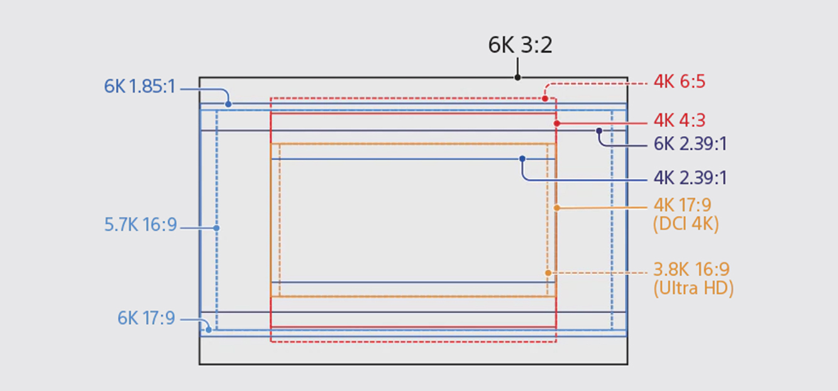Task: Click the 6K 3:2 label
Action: tap(520, 45)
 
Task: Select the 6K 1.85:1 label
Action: tap(140, 87)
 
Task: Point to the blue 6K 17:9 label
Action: tap(146, 318)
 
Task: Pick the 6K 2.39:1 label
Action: tap(690, 144)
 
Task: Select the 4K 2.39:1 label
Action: tap(690, 178)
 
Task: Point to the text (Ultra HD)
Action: tap(693, 288)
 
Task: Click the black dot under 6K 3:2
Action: tap(517, 77)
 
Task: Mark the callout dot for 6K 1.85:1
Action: tap(228, 104)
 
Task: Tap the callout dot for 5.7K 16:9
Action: tap(216, 228)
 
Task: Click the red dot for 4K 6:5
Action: tap(545, 99)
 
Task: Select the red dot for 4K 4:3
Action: tap(556, 123)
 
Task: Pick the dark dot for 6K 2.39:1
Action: tap(599, 131)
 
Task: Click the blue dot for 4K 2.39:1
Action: tap(522, 159)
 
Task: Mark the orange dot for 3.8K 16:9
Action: tap(548, 273)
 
